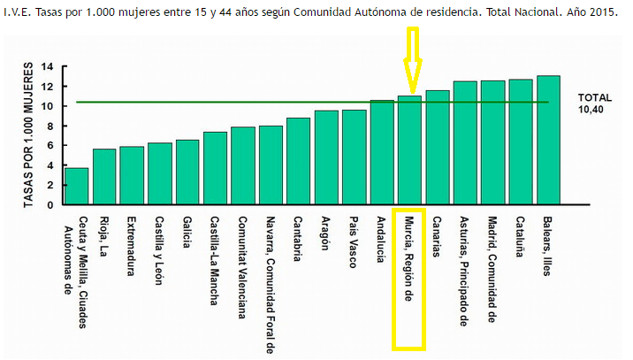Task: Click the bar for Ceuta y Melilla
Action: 77,186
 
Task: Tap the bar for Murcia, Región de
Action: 410,149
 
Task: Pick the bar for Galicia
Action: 187,172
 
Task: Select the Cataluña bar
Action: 521,142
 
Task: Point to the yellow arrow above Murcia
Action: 412,57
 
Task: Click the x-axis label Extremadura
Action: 131,244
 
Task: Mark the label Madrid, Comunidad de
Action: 492,270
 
